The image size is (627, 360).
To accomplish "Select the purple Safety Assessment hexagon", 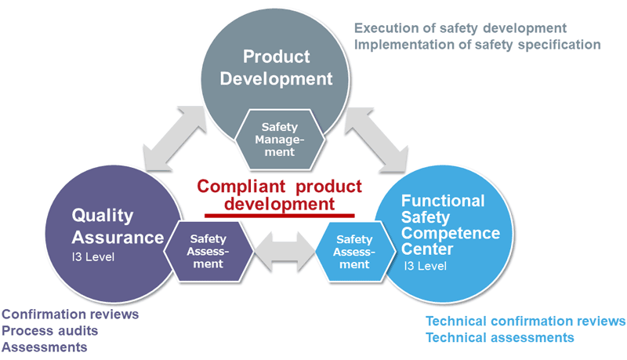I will [208, 251].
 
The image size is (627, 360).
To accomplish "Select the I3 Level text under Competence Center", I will [426, 266].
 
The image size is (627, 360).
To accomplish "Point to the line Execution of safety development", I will [460, 27].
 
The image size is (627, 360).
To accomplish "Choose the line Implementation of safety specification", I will [477, 44].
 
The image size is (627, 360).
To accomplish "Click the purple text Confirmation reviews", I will [71, 314].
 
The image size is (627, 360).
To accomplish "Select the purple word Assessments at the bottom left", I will [45, 347].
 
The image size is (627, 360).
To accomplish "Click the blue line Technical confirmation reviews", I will [525, 321].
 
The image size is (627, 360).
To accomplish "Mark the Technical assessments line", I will [499, 337].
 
